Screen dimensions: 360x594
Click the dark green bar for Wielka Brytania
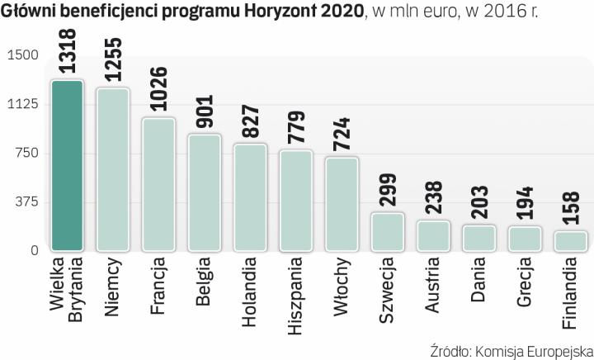[x=66, y=165]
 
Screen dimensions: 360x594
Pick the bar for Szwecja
[x=387, y=232]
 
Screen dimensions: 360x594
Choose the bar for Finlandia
[x=570, y=241]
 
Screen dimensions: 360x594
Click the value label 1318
[x=67, y=53]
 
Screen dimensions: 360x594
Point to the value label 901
[x=205, y=111]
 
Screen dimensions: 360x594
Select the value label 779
[x=296, y=126]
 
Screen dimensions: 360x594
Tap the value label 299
[x=387, y=190]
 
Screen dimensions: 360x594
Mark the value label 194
[x=525, y=203]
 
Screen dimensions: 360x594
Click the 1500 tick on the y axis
[x=23, y=55]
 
